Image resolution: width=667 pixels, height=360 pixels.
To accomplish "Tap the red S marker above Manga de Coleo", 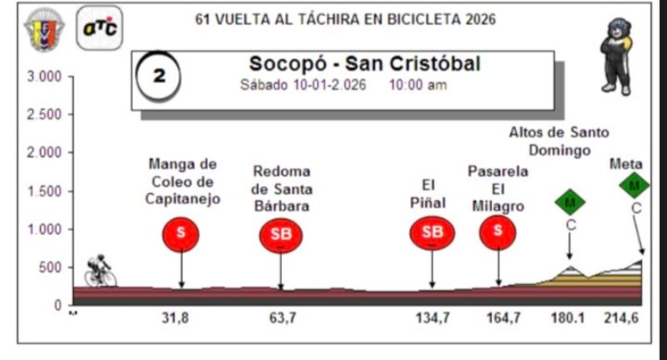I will (181, 233).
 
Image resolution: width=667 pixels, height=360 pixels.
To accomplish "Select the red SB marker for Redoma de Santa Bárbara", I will (281, 235).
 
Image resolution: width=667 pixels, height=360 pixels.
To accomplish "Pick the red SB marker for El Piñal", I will (432, 233).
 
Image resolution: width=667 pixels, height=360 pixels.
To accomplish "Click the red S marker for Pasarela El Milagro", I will (498, 232).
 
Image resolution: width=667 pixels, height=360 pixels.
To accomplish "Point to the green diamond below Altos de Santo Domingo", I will (570, 202).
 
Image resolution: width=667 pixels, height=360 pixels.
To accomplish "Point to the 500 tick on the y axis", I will (51, 267).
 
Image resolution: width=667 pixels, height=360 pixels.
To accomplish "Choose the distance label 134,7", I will (432, 317).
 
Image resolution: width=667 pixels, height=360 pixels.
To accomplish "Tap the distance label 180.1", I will (567, 317).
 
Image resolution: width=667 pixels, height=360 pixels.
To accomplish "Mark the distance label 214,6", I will (622, 317).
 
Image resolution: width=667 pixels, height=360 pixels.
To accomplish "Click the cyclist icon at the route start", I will (100, 271).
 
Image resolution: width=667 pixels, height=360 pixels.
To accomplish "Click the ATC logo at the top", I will (99, 28).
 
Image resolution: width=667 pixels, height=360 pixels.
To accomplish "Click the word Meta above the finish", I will (626, 163).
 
